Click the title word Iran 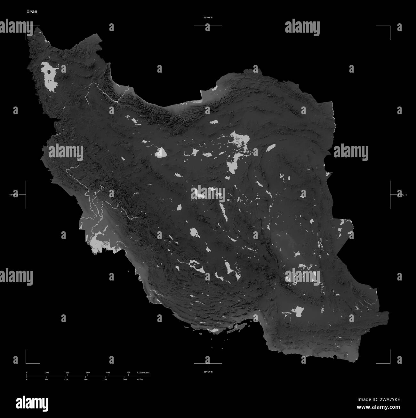coord(32,12)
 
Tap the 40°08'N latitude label coord(208,18)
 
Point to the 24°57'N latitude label coord(208,372)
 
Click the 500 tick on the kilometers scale coord(128,373)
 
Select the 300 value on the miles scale coord(125,379)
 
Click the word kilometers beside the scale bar coord(143,373)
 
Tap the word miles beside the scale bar coord(140,379)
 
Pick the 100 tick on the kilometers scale coord(47,373)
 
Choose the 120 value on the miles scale coord(66,379)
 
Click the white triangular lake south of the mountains coord(161,153)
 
